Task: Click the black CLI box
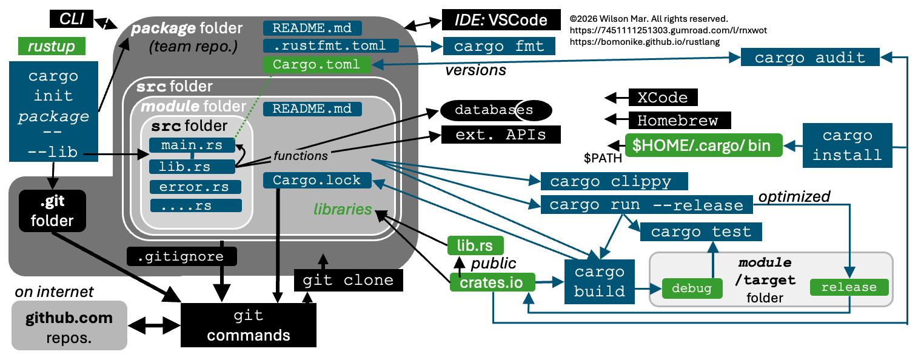coord(72,19)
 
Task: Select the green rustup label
coord(52,46)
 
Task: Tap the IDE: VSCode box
coord(501,20)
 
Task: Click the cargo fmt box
coord(499,46)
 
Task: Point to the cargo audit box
coord(810,57)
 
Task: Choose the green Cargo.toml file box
coord(317,64)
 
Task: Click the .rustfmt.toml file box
coord(331,45)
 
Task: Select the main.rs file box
coord(192,145)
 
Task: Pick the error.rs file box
coord(195,187)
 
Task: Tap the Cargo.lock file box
coord(318,181)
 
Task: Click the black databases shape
coord(496,110)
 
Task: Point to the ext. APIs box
coord(501,135)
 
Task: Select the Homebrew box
coord(680,121)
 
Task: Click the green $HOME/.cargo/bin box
coord(703,145)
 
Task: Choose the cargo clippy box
coord(614,181)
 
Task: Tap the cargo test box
coord(701,232)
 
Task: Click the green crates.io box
coord(492,282)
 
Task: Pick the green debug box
coord(692,288)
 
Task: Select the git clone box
coord(348,280)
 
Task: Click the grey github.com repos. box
coord(70,325)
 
